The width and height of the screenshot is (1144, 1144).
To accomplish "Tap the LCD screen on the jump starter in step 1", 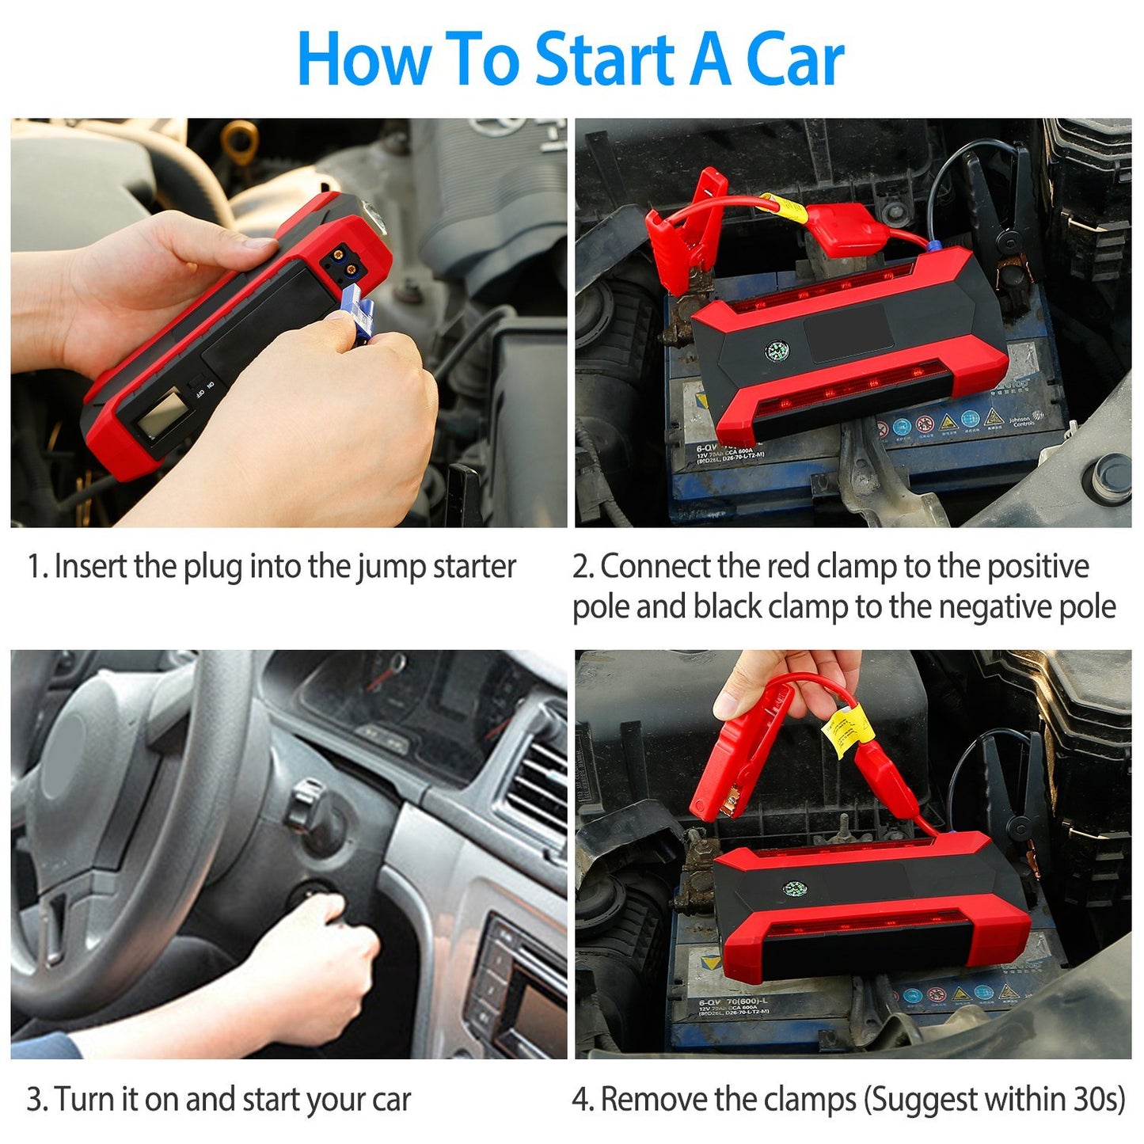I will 162,416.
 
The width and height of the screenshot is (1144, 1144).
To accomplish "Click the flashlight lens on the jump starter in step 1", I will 373,216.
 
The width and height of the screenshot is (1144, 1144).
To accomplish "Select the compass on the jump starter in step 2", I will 776,352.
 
